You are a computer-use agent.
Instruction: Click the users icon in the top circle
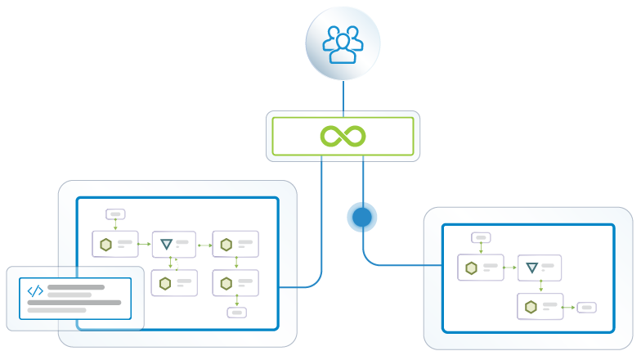tap(343, 44)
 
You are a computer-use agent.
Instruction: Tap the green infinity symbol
tap(343, 136)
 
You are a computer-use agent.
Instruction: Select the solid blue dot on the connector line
tap(362, 218)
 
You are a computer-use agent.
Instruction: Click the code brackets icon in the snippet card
tap(36, 290)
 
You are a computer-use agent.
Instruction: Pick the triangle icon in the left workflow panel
tap(166, 244)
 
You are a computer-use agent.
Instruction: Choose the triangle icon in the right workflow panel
tap(531, 268)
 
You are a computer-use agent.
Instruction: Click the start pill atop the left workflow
tap(114, 214)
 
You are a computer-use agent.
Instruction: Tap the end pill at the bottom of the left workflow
tap(236, 312)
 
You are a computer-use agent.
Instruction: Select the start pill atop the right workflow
tap(480, 238)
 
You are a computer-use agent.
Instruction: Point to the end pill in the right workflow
tap(586, 308)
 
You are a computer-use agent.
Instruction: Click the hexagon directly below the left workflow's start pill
tap(105, 244)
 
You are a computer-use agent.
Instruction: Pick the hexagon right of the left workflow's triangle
tap(226, 244)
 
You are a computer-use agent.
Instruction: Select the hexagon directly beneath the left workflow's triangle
tap(165, 283)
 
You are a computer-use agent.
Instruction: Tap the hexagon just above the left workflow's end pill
tap(226, 283)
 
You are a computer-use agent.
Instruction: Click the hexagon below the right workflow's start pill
tap(471, 268)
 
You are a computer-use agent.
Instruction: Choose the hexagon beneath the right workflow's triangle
tap(531, 307)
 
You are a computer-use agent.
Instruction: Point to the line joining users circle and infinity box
tap(343, 97)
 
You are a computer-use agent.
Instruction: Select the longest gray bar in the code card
tap(74, 303)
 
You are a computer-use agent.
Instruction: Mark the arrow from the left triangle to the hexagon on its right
tap(204, 244)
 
